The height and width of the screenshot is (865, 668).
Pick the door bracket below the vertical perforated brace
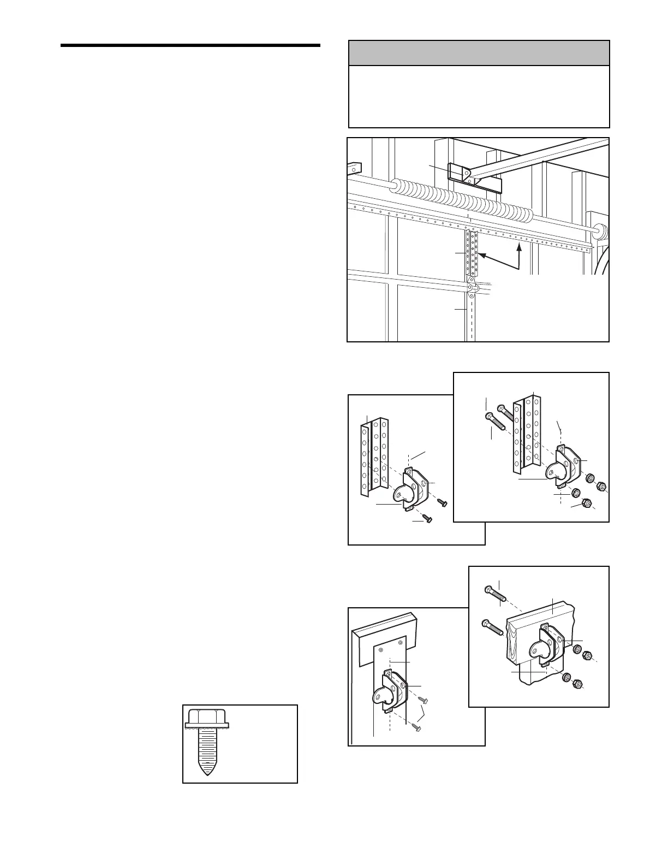click(x=472, y=286)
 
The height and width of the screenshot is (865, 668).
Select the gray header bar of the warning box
click(x=479, y=53)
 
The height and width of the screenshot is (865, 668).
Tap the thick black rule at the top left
click(x=190, y=45)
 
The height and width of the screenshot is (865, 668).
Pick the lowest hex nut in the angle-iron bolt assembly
click(x=587, y=503)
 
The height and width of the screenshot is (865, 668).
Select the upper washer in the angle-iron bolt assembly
click(x=590, y=478)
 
